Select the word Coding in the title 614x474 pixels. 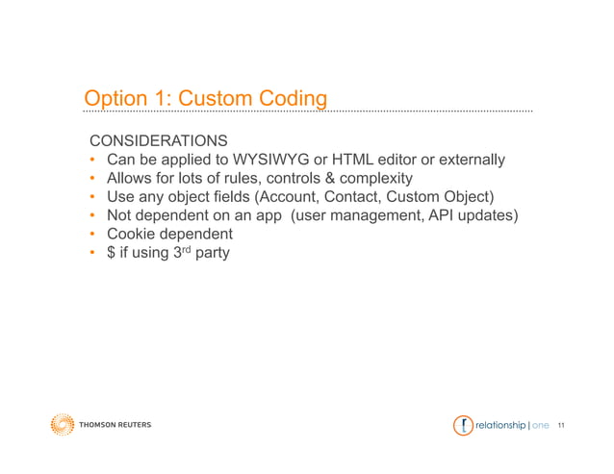293,99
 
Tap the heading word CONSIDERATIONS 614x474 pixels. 158,140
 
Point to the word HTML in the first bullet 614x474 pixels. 341,159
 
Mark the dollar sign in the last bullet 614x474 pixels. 112,253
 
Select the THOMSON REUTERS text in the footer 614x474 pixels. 115,425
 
